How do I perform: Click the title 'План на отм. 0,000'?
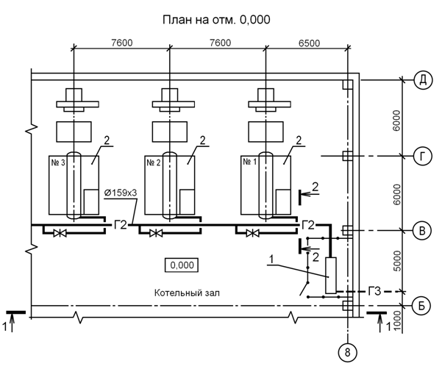[216, 20]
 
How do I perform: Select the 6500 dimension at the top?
[309, 43]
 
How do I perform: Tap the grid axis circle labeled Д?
[423, 80]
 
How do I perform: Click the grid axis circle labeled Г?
[422, 156]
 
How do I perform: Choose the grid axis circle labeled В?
[422, 231]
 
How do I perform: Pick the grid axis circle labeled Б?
[421, 305]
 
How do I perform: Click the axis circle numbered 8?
[347, 352]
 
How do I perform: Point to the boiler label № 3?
[58, 162]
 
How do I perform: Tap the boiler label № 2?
[154, 162]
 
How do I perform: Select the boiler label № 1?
[250, 162]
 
